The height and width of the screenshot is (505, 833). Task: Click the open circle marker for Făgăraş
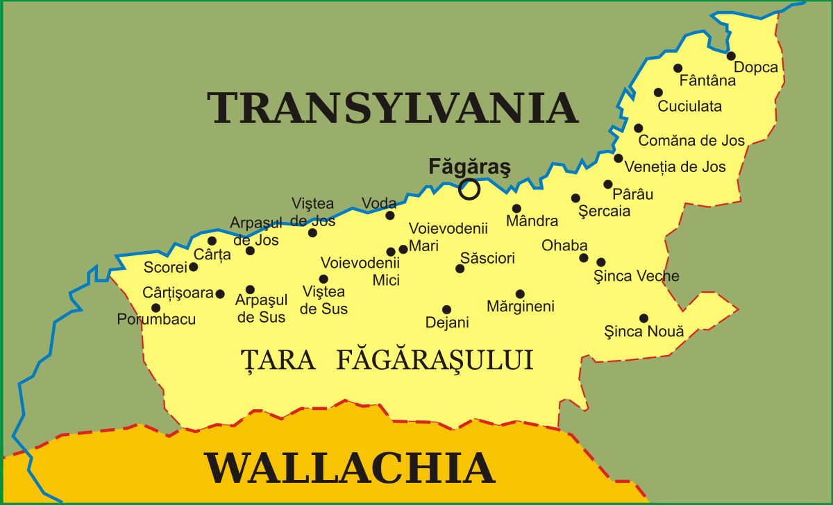[x=470, y=189]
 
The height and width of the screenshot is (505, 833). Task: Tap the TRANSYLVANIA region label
[x=393, y=108]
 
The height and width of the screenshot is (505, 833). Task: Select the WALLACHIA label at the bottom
[x=349, y=468]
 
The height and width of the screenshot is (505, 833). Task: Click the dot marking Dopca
[x=731, y=55]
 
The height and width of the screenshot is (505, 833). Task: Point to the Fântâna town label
[x=707, y=80]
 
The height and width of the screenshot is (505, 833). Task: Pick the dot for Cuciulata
[x=658, y=92]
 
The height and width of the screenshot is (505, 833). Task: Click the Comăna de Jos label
[x=691, y=141]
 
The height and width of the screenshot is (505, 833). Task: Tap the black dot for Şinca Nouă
[x=643, y=318]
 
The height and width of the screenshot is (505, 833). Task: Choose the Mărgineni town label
[x=521, y=306]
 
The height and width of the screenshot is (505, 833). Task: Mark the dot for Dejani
[x=446, y=310]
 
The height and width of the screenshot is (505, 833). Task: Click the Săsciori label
[x=487, y=259]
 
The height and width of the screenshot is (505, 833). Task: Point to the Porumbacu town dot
[x=155, y=308]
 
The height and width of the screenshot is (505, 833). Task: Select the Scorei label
[x=165, y=268]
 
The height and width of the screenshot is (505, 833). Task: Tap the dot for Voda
[x=390, y=215]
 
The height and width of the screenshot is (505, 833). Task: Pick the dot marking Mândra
[x=516, y=208]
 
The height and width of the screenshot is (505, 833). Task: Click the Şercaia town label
[x=604, y=212]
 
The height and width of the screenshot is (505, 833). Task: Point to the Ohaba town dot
[x=584, y=258]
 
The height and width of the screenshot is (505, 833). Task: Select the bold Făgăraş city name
[x=469, y=166]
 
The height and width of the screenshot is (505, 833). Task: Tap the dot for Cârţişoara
[x=220, y=294]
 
